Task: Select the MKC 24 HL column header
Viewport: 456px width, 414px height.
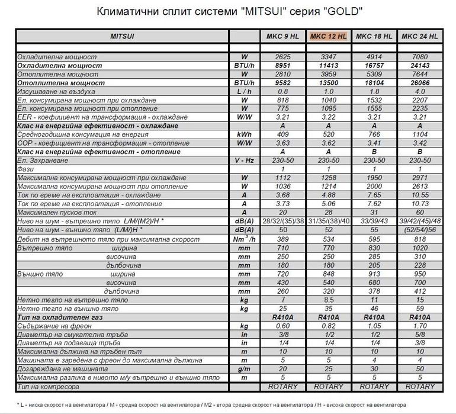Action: click(420, 36)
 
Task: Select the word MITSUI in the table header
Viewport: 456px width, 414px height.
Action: click(123, 36)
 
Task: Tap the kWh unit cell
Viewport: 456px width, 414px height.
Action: click(243, 135)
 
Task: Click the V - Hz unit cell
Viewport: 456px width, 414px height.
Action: click(243, 161)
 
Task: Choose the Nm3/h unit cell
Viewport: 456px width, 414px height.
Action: click(243, 238)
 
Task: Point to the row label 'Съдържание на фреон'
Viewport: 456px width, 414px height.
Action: click(53, 326)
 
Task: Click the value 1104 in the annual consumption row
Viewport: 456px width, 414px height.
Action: click(420, 135)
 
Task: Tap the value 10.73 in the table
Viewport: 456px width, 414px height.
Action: click(420, 204)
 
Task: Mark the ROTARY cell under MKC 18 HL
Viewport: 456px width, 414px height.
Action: click(374, 386)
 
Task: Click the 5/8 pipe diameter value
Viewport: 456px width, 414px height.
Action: click(420, 335)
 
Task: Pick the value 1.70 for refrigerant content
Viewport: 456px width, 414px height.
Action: click(420, 326)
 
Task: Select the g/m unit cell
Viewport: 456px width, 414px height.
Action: click(243, 369)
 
